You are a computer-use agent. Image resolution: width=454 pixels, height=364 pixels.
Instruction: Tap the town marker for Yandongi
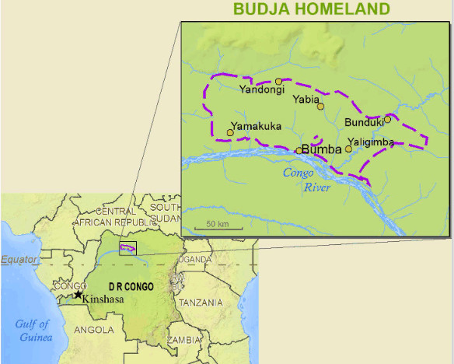(279, 81)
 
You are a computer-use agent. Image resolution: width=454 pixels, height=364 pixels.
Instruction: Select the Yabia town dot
(320, 107)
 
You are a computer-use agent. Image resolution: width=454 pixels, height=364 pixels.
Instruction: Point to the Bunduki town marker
(387, 119)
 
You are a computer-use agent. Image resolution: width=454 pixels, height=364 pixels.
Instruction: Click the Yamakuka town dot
(230, 132)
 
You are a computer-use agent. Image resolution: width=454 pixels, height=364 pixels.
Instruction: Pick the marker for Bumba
(299, 151)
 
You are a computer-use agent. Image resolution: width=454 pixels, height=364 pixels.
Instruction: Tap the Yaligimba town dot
(348, 149)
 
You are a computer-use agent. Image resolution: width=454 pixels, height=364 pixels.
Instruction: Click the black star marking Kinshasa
(78, 295)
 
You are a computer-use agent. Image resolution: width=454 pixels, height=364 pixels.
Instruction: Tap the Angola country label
(93, 329)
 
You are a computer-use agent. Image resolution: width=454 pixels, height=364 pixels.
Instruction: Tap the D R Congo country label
(130, 286)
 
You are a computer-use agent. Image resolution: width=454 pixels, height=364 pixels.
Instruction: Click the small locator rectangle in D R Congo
(127, 248)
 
